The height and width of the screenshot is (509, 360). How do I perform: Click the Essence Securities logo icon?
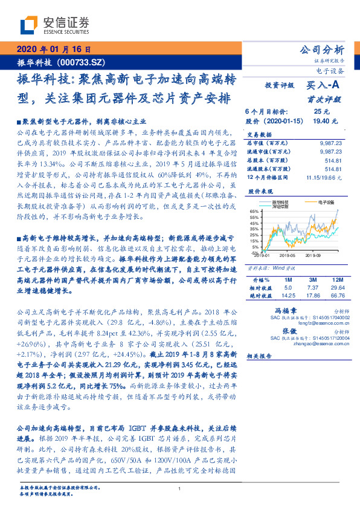pyautogui.click(x=30, y=25)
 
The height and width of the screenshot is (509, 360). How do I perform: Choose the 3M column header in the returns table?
pyautogui.click(x=313, y=280)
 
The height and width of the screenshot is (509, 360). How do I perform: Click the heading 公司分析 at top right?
pyautogui.click(x=322, y=49)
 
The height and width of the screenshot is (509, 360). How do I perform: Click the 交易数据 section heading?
pyautogui.click(x=257, y=134)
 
